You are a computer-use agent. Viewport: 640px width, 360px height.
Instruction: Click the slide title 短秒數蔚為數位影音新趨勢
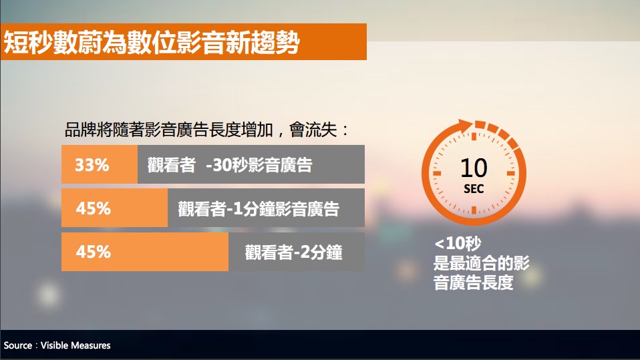click(x=152, y=43)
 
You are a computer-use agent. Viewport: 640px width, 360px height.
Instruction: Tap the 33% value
click(x=92, y=166)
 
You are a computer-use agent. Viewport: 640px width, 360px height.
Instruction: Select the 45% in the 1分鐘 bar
click(x=93, y=208)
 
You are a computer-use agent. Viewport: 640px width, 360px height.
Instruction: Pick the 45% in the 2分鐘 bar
click(x=93, y=252)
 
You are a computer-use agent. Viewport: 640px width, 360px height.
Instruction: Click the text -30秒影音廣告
click(x=259, y=166)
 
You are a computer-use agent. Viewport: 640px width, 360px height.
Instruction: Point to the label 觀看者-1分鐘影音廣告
click(x=259, y=209)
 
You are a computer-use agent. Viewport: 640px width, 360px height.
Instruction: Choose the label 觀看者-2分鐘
click(x=293, y=252)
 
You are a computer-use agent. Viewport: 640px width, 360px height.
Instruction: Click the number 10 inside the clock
click(x=474, y=168)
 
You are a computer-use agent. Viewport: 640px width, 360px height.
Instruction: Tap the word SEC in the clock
click(x=474, y=189)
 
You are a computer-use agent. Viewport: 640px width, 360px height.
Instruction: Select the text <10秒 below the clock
click(x=458, y=244)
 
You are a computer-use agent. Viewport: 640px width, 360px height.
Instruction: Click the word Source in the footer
click(x=18, y=345)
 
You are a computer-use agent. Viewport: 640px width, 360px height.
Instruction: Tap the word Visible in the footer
click(x=55, y=345)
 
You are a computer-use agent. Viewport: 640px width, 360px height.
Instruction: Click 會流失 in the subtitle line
click(x=313, y=130)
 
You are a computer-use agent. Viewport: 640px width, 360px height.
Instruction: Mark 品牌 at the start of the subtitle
click(x=80, y=130)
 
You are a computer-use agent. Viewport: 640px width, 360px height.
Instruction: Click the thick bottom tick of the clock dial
click(x=474, y=210)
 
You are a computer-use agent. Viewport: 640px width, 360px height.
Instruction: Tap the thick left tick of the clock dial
click(x=437, y=173)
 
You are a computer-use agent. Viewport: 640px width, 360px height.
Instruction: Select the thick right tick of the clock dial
click(x=510, y=173)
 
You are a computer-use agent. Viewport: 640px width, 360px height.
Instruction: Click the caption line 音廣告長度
click(x=474, y=283)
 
